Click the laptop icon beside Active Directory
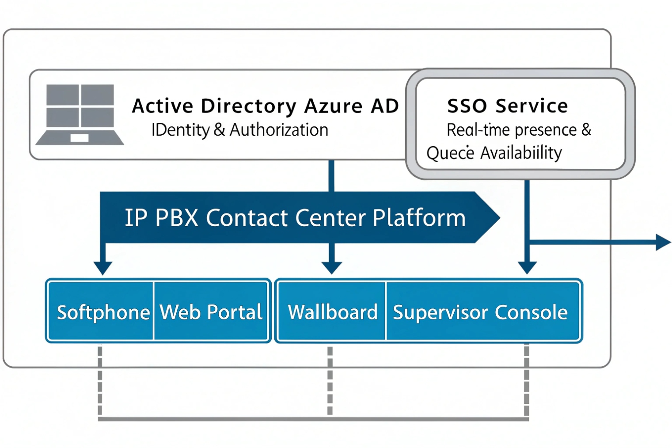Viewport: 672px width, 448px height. [x=80, y=114]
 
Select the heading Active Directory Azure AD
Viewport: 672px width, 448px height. [x=265, y=106]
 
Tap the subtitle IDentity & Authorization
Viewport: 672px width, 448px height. [x=239, y=130]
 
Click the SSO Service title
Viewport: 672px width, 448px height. [x=507, y=106]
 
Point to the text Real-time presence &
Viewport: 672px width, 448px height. [x=519, y=130]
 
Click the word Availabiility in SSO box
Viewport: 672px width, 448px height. [x=521, y=153]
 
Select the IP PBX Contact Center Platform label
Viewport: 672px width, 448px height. [x=295, y=217]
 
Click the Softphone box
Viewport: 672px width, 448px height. [x=103, y=312]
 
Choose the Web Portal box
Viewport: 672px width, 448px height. [x=211, y=312]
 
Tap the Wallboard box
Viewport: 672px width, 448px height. [x=333, y=312]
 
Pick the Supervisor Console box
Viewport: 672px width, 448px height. [x=480, y=312]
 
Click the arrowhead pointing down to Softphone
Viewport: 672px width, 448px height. [x=103, y=268]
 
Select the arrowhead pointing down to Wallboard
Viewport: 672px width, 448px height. [x=332, y=268]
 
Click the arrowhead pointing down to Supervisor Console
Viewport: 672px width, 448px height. [x=527, y=268]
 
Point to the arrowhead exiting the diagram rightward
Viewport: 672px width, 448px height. [x=664, y=242]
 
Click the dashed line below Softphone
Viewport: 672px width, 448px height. [x=100, y=380]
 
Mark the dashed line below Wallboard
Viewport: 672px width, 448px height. [x=330, y=380]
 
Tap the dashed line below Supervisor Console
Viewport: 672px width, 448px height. [x=527, y=380]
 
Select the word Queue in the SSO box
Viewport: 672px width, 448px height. [x=450, y=153]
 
